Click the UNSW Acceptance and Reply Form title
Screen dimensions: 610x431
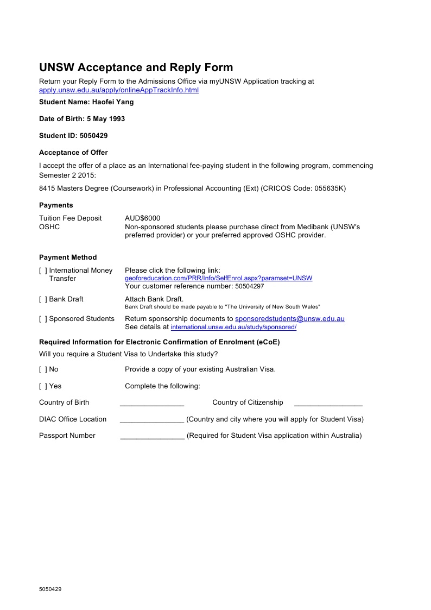pos(136,67)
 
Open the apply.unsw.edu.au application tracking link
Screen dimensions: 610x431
pos(119,90)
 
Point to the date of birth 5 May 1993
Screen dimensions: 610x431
pos(106,118)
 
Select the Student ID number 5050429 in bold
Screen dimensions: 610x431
pos(97,135)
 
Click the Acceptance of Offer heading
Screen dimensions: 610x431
pos(73,152)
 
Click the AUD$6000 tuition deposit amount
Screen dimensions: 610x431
pos(142,218)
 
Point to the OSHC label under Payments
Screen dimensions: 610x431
pos(49,227)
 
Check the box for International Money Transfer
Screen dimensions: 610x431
pos(43,271)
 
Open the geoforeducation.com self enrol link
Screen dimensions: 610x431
pos(218,278)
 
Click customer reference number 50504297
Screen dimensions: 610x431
pos(249,286)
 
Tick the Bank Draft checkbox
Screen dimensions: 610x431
pos(43,299)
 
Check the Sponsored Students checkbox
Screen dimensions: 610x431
pos(43,319)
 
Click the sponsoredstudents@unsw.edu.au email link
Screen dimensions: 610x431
pos(289,319)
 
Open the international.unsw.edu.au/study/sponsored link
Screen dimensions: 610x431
pos(233,327)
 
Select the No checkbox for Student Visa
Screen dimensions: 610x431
pos(43,369)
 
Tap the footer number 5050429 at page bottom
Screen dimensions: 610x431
pos(50,589)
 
